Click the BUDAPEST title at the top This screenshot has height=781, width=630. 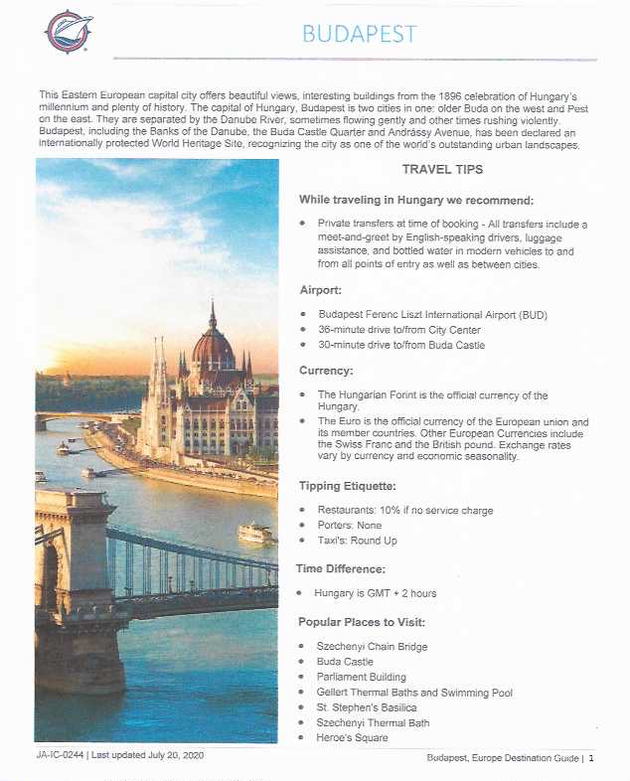359,34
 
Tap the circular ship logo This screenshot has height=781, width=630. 69,31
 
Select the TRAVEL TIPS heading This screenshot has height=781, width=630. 442,170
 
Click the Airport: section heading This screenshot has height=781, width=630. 322,290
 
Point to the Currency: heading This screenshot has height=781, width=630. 327,370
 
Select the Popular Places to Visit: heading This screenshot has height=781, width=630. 362,622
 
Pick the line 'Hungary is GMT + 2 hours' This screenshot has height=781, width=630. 375,593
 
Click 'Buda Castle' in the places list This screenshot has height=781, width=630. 344,661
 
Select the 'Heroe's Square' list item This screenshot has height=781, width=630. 352,737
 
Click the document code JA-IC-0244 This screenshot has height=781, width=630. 53,755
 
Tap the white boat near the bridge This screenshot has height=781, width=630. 255,533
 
